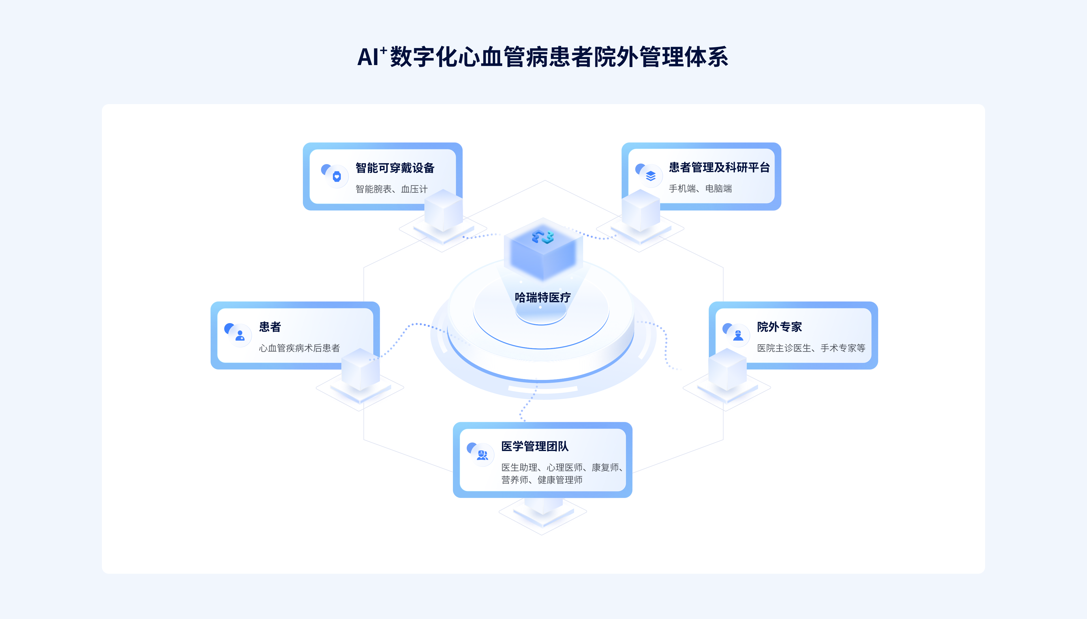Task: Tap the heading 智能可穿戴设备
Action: (x=395, y=168)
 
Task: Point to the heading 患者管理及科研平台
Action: (x=719, y=167)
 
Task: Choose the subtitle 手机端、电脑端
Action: (x=700, y=189)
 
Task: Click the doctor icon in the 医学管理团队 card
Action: (x=482, y=455)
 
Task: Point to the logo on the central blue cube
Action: (x=543, y=237)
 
